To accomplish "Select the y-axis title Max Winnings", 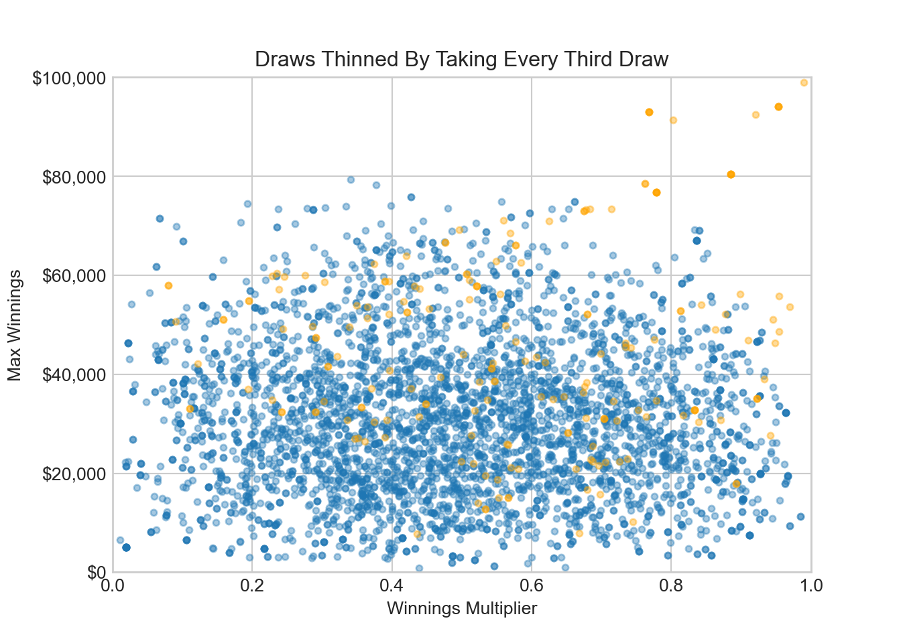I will click(15, 325).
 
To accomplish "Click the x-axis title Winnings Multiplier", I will click(462, 608).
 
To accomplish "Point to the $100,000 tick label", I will click(69, 78).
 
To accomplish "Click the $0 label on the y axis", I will click(97, 572).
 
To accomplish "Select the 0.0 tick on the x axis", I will click(113, 586).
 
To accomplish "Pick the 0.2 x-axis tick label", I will click(252, 586).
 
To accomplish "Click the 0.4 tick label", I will click(392, 586).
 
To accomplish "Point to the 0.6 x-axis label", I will click(532, 586).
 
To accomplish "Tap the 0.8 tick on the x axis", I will click(671, 586).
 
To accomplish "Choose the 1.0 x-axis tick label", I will click(810, 586).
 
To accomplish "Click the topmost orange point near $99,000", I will click(804, 82).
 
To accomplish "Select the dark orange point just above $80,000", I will click(731, 175).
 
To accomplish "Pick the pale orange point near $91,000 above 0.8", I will click(673, 120).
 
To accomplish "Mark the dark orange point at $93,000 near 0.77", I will click(649, 112).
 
